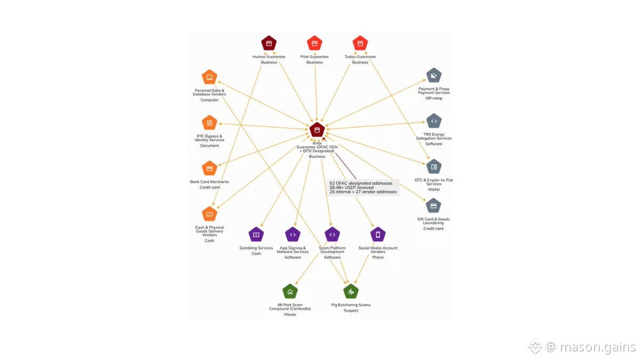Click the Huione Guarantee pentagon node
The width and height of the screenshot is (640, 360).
[x=269, y=43]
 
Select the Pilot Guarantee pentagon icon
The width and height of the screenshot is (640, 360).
[x=315, y=43]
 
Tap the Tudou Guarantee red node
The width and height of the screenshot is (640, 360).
[x=361, y=43]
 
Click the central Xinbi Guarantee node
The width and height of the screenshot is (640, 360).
[x=317, y=130]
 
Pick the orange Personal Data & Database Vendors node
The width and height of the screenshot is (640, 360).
[x=210, y=77]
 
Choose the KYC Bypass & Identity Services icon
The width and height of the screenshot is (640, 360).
[x=210, y=123]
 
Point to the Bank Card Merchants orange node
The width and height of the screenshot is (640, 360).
[x=210, y=169]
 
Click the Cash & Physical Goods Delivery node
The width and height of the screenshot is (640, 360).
[x=210, y=214]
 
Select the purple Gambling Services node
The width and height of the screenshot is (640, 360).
[x=257, y=235]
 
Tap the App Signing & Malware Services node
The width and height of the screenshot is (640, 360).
[x=293, y=235]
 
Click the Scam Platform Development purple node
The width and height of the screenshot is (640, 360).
[x=332, y=235]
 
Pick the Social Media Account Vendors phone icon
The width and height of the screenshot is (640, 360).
[x=378, y=235]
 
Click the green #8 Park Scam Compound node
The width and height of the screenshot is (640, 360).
[x=290, y=291]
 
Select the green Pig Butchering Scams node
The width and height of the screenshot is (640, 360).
[x=351, y=291]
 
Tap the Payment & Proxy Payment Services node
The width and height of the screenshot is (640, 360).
[x=434, y=75]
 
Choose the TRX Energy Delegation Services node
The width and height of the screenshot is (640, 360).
[x=434, y=121]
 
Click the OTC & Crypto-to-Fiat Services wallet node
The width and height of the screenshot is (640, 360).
[x=434, y=167]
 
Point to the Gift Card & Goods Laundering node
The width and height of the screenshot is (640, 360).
[x=434, y=206]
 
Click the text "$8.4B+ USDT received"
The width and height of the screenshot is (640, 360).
[x=351, y=187]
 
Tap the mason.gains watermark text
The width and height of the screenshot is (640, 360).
[x=598, y=347]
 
